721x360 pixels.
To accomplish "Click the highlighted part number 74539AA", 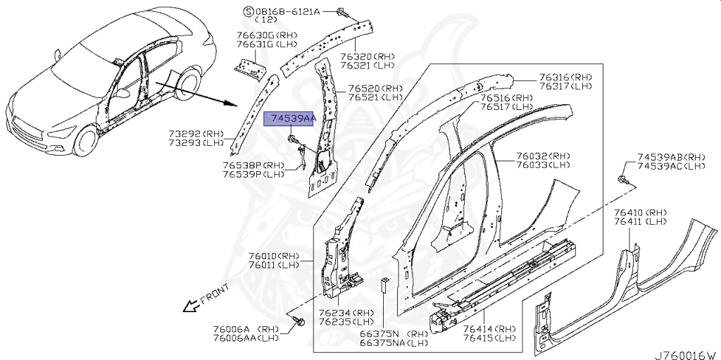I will pos(289,119).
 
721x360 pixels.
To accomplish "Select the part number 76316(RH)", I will pos(565,77).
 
